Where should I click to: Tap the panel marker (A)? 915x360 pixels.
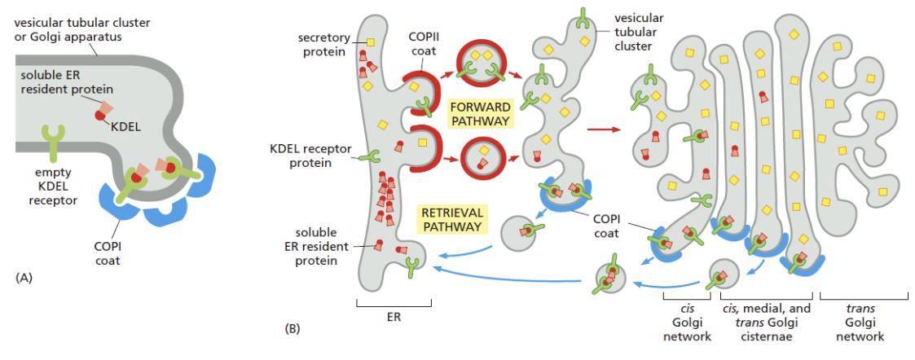[24, 278]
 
